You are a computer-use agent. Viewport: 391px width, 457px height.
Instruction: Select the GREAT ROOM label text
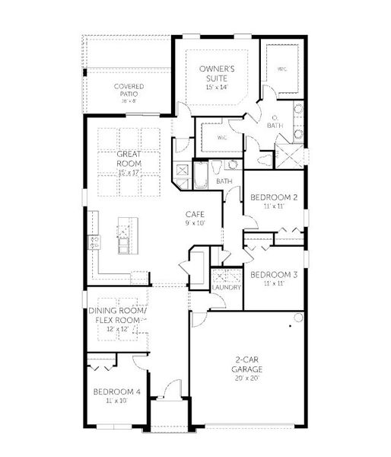coord(130,158)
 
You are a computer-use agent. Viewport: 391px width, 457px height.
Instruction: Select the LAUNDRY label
coord(227,287)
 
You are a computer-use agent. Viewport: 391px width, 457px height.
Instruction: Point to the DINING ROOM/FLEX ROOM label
coord(116,315)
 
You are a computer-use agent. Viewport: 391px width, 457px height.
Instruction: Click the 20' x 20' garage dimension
coord(247,378)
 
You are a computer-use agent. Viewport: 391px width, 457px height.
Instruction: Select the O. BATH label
coord(276,121)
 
